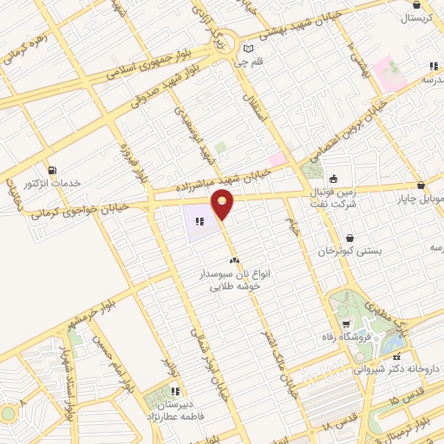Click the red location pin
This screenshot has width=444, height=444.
coord(223,206)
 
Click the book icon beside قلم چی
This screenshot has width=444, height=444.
coord(249,49)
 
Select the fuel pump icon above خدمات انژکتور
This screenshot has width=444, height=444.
coord(54,169)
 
